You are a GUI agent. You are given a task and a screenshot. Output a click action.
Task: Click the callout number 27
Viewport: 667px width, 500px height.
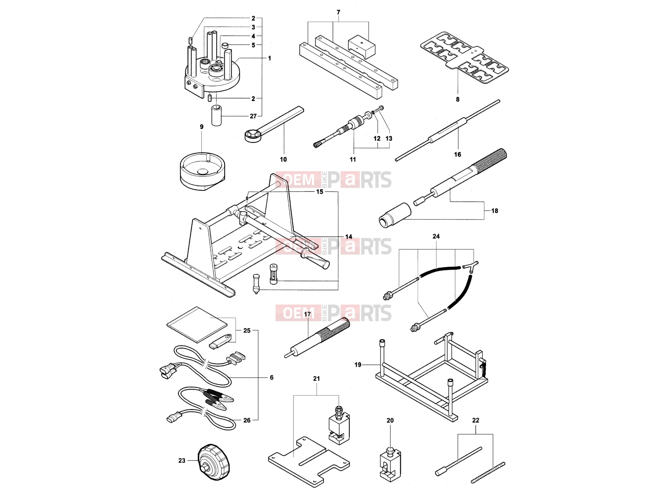pyautogui.click(x=253, y=116)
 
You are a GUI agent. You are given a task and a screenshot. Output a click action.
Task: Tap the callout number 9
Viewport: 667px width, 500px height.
pyautogui.click(x=201, y=127)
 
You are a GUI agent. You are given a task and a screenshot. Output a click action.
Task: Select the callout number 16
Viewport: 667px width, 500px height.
pyautogui.click(x=457, y=155)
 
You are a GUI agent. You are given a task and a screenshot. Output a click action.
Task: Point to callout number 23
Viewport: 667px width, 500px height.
pyautogui.click(x=182, y=460)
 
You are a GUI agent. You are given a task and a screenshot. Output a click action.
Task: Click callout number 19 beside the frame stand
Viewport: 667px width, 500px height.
pyautogui.click(x=358, y=365)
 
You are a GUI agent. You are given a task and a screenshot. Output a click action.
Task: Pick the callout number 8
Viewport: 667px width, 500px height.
pyautogui.click(x=458, y=99)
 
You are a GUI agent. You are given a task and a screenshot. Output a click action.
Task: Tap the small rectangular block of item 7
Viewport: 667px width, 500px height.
pyautogui.click(x=361, y=47)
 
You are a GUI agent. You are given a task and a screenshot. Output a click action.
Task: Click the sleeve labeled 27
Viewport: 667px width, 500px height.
pyautogui.click(x=216, y=116)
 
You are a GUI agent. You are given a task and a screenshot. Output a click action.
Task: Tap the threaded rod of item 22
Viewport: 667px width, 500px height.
pyautogui.click(x=488, y=472)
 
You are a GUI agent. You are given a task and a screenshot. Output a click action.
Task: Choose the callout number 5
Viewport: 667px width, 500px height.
pyautogui.click(x=253, y=45)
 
